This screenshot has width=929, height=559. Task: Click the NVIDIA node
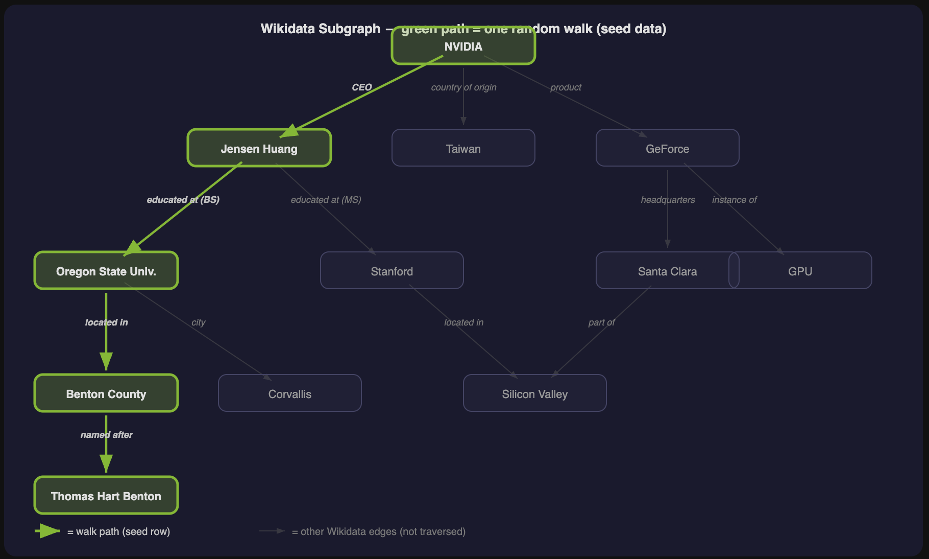[x=463, y=46]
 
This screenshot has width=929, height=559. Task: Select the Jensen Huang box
[x=259, y=148]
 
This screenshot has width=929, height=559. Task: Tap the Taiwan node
[x=463, y=148]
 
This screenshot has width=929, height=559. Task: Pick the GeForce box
[x=667, y=148]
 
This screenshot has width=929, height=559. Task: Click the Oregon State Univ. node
[x=106, y=271]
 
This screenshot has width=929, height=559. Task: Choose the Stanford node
[x=392, y=271]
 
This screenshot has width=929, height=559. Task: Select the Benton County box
[x=106, y=393]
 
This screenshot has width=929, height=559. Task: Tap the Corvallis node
[x=289, y=393]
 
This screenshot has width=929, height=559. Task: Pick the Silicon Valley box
[x=534, y=393]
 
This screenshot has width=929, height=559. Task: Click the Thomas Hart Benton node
[x=106, y=496]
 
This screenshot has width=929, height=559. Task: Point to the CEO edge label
[x=361, y=87]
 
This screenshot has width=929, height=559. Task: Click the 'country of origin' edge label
[x=463, y=87]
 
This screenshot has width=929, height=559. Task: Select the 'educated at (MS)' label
[x=326, y=200]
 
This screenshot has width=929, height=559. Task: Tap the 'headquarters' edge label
[x=668, y=200]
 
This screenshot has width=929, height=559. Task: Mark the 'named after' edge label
[x=106, y=435]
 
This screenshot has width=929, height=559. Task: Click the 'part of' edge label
[x=601, y=322]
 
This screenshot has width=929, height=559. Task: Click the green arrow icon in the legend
[x=47, y=531]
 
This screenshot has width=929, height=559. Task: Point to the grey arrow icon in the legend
[x=272, y=531]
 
